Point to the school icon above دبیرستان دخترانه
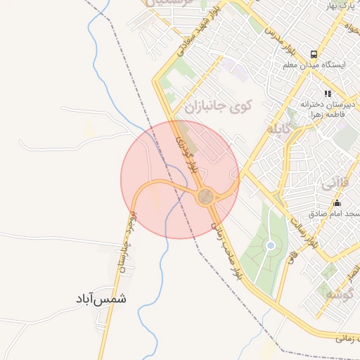(327, 93)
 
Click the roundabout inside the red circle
(205, 196)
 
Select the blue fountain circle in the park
(270, 245)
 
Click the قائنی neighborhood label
(334, 184)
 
